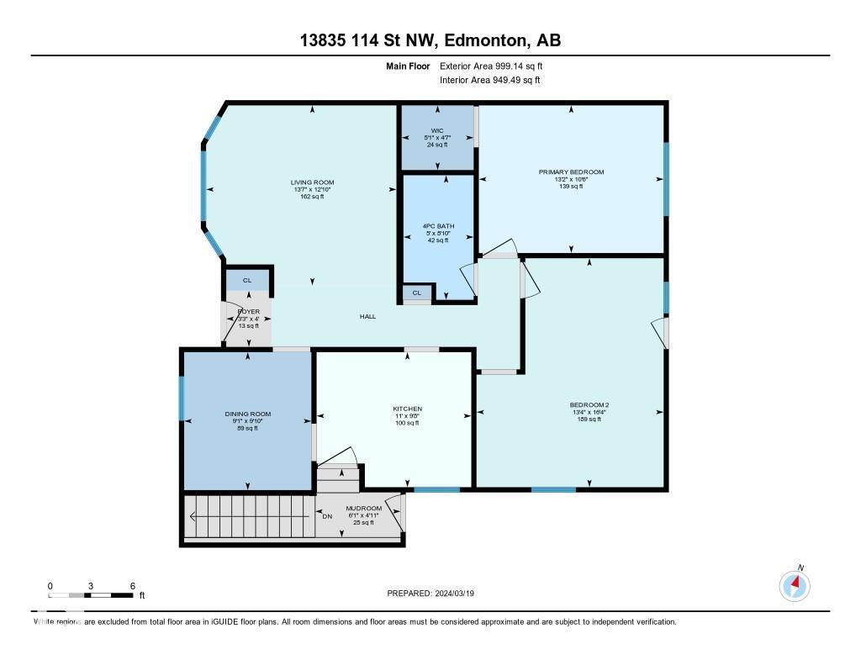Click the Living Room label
click(312, 182)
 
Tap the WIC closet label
click(436, 130)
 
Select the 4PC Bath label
click(436, 226)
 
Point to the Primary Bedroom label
click(571, 172)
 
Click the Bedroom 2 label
click(589, 405)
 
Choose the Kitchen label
click(407, 409)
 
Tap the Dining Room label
click(247, 414)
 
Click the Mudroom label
click(365, 509)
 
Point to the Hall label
click(367, 316)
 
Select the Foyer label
click(248, 312)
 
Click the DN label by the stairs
click(328, 516)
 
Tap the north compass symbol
click(795, 584)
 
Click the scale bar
click(91, 595)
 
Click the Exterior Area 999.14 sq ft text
click(497, 66)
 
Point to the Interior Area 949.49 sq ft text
click(489, 80)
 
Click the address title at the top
click(430, 40)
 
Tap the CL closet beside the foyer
click(247, 280)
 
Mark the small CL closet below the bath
click(416, 293)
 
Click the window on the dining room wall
click(182, 398)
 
